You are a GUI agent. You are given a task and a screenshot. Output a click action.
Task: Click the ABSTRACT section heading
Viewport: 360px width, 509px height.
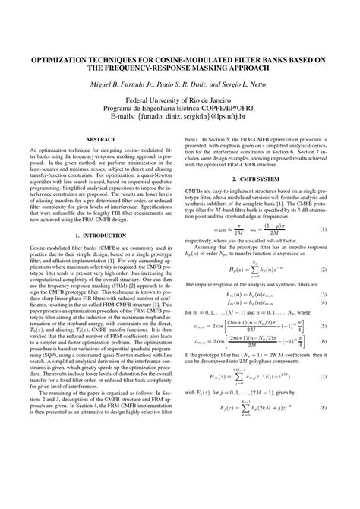pyautogui.click(x=99, y=140)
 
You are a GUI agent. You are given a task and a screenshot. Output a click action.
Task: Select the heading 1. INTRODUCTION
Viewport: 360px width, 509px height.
pyautogui.click(x=99, y=258)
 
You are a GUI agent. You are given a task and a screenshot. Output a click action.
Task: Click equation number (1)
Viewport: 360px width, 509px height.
pyautogui.click(x=323, y=251)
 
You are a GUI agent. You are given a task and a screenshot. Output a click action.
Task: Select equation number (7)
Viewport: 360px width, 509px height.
pyautogui.click(x=323, y=397)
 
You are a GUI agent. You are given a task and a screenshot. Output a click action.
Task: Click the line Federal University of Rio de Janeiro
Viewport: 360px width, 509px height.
pyautogui.click(x=179, y=100)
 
